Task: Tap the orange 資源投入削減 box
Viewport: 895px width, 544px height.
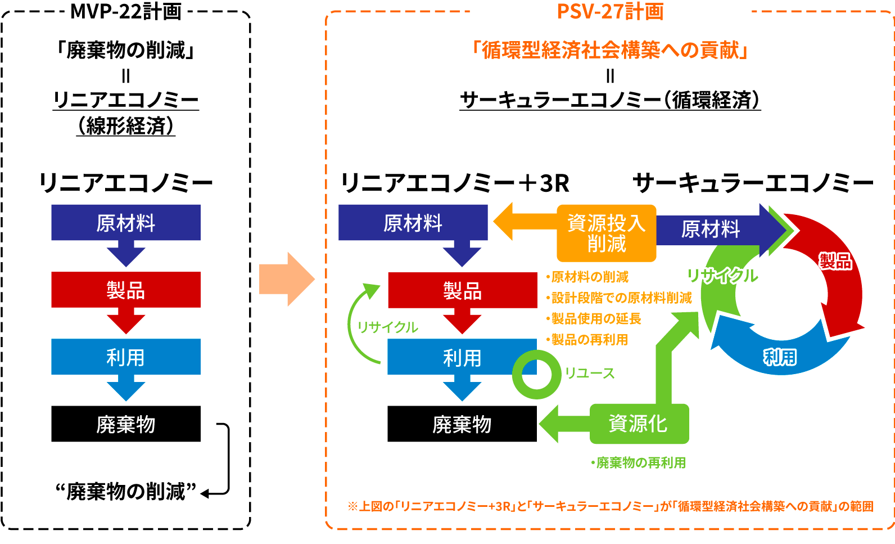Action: [x=606, y=233]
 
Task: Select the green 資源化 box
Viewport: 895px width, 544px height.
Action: [x=639, y=424]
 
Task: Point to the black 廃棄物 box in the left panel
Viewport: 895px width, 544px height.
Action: [x=126, y=424]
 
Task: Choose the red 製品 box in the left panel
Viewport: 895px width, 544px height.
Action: [x=126, y=290]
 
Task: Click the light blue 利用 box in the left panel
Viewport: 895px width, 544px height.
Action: [x=126, y=357]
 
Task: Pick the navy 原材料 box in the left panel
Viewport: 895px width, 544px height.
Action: [x=126, y=223]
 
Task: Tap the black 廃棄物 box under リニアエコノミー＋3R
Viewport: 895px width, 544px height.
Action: [x=462, y=424]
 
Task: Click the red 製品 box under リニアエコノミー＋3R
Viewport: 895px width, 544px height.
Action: [x=462, y=290]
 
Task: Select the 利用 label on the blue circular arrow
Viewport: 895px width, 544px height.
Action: [x=780, y=357]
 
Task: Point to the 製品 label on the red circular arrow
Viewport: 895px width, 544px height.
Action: [x=835, y=261]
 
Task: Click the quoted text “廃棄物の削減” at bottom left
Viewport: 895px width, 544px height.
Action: [x=126, y=492]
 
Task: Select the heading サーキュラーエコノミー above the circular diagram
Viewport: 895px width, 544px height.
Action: [x=753, y=183]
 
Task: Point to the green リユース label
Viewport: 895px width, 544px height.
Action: [x=590, y=374]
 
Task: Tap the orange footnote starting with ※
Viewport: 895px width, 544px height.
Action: [x=611, y=506]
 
